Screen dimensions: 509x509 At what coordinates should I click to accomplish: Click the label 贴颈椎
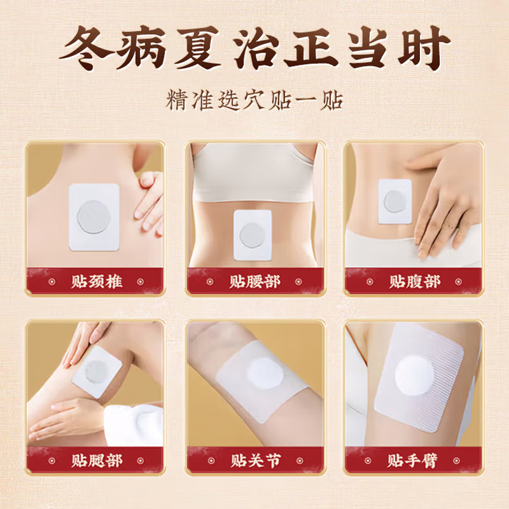click(x=95, y=281)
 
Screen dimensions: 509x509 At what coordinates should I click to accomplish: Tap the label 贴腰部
click(x=254, y=281)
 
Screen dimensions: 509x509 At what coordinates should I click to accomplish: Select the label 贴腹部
click(x=414, y=281)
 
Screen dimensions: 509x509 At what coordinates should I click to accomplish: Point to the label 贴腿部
click(x=95, y=459)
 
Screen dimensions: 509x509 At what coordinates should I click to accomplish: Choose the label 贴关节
click(x=254, y=459)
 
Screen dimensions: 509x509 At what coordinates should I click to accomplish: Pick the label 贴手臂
click(x=414, y=459)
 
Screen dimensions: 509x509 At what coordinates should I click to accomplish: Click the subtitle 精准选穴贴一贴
click(x=254, y=101)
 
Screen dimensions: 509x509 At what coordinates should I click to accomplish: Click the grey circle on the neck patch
click(x=94, y=216)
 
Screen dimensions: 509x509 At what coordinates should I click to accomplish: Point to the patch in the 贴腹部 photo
click(x=394, y=201)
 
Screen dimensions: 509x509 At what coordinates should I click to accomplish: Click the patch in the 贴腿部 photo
click(x=97, y=372)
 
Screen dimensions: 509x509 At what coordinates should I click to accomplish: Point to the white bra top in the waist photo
click(x=254, y=172)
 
